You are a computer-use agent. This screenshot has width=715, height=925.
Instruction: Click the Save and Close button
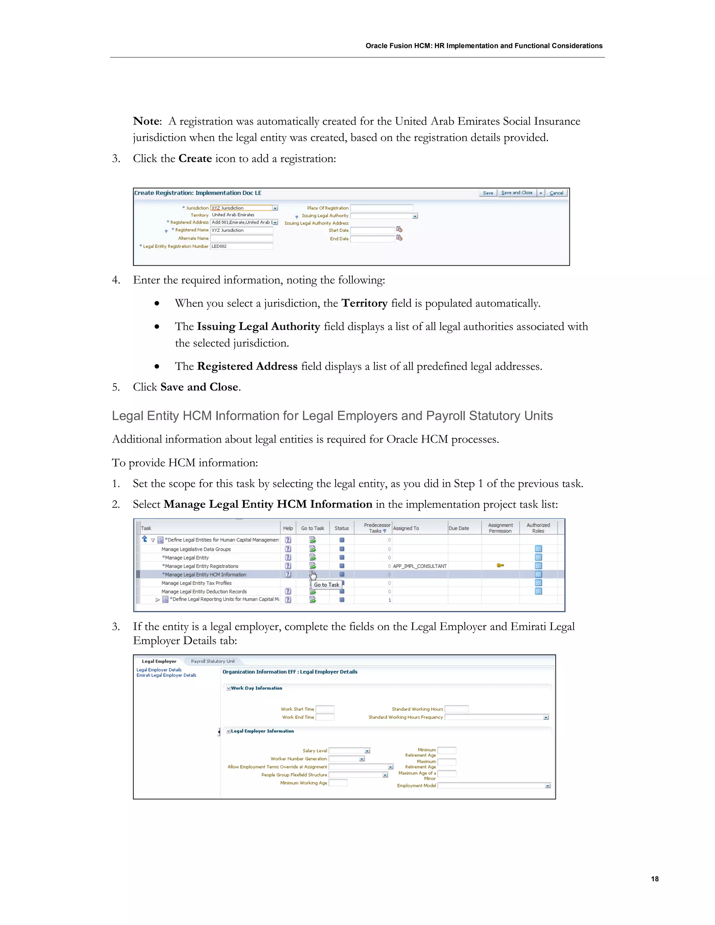[x=516, y=193]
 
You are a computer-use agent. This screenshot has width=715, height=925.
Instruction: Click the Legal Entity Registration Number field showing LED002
[x=242, y=246]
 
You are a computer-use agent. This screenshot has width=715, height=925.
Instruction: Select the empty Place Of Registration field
[x=381, y=208]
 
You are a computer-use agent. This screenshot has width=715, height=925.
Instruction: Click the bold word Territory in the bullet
[x=364, y=303]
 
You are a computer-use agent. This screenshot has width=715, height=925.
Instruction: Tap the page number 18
[x=655, y=879]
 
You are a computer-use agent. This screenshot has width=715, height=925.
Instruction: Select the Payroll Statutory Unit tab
[x=213, y=661]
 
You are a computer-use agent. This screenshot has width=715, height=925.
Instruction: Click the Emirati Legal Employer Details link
[x=166, y=675]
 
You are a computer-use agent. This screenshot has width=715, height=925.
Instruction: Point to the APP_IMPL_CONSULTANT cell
[x=419, y=566]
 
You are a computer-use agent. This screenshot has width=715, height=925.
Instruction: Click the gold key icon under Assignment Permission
[x=500, y=565]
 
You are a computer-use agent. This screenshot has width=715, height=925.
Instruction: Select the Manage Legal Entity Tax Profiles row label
[x=196, y=583]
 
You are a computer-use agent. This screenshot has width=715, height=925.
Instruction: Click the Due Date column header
[x=459, y=528]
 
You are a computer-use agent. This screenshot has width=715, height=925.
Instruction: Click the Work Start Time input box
[x=325, y=709]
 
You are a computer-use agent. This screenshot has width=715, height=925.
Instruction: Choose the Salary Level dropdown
[x=349, y=750]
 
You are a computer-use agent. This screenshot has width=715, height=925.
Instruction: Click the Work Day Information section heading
[x=256, y=688]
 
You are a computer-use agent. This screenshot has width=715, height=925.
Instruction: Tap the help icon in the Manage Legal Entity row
[x=288, y=557]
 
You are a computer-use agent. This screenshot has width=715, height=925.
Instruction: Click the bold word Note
[x=147, y=121]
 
